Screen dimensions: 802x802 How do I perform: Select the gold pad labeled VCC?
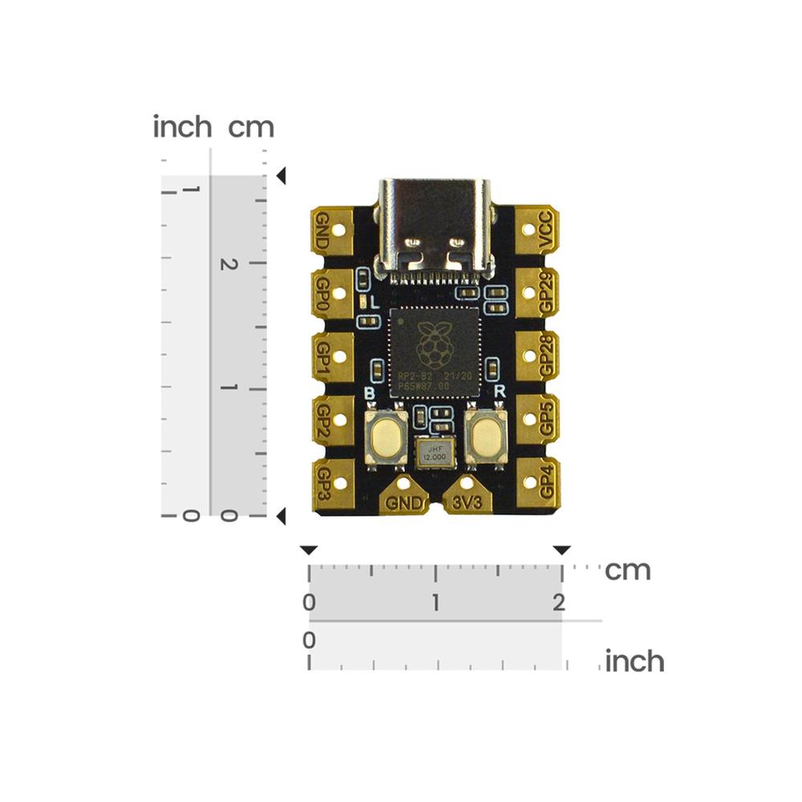537,231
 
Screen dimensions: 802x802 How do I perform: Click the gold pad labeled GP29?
537,293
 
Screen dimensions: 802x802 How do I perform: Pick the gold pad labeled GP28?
537,355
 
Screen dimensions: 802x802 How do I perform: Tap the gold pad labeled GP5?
537,418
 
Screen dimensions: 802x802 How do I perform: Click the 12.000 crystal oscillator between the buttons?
434,453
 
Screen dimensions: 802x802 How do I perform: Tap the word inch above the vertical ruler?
182,127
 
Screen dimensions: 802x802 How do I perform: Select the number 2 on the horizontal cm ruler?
558,602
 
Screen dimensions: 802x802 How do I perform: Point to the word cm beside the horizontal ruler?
627,571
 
